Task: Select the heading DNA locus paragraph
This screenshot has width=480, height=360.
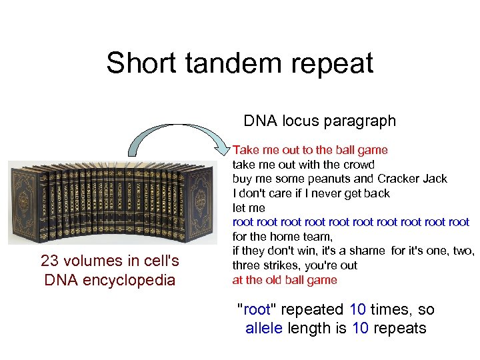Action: click(319, 121)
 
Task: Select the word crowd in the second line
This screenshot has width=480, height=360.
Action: click(359, 164)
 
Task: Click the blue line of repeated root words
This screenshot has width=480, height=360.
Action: click(351, 222)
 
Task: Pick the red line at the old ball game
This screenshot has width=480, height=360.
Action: click(285, 280)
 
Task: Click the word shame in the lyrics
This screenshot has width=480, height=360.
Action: click(368, 251)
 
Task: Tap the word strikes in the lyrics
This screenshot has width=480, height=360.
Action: click(282, 265)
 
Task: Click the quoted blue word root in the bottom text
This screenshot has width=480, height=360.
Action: click(257, 309)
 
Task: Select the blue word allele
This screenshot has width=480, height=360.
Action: click(265, 328)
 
